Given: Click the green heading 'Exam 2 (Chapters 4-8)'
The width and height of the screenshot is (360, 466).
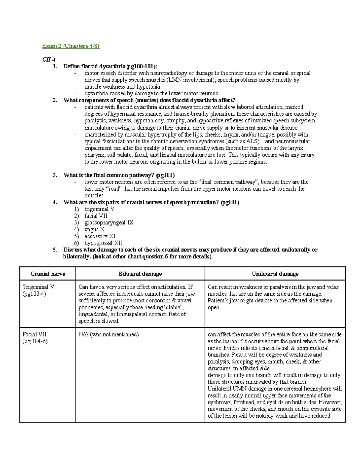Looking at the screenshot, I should [70, 46].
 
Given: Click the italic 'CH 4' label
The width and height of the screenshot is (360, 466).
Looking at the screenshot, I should [49, 59].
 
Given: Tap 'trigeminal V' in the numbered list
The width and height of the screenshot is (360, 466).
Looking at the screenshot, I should [99, 209].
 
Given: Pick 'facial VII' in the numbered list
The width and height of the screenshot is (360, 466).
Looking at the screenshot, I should [96, 216].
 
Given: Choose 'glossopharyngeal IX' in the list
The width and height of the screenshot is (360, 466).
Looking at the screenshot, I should [109, 223].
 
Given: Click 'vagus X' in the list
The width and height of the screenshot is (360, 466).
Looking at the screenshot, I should [94, 230].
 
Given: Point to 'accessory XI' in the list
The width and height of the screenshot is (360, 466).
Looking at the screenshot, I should [100, 236].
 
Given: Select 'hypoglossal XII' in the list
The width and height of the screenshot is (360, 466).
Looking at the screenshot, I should [103, 243].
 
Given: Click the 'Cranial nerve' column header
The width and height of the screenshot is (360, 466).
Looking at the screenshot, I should [48, 274].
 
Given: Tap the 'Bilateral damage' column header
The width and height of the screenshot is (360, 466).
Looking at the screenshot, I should [140, 274].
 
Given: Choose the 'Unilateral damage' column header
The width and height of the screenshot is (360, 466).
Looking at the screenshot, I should [275, 274].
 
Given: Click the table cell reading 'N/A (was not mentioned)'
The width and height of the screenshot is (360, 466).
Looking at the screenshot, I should [109, 335].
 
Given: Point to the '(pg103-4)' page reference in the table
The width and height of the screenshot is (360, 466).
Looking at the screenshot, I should [34, 294].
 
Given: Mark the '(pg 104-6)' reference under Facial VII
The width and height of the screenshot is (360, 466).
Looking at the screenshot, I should [35, 341].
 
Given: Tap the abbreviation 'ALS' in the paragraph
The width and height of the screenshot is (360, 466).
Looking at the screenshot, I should [251, 141].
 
